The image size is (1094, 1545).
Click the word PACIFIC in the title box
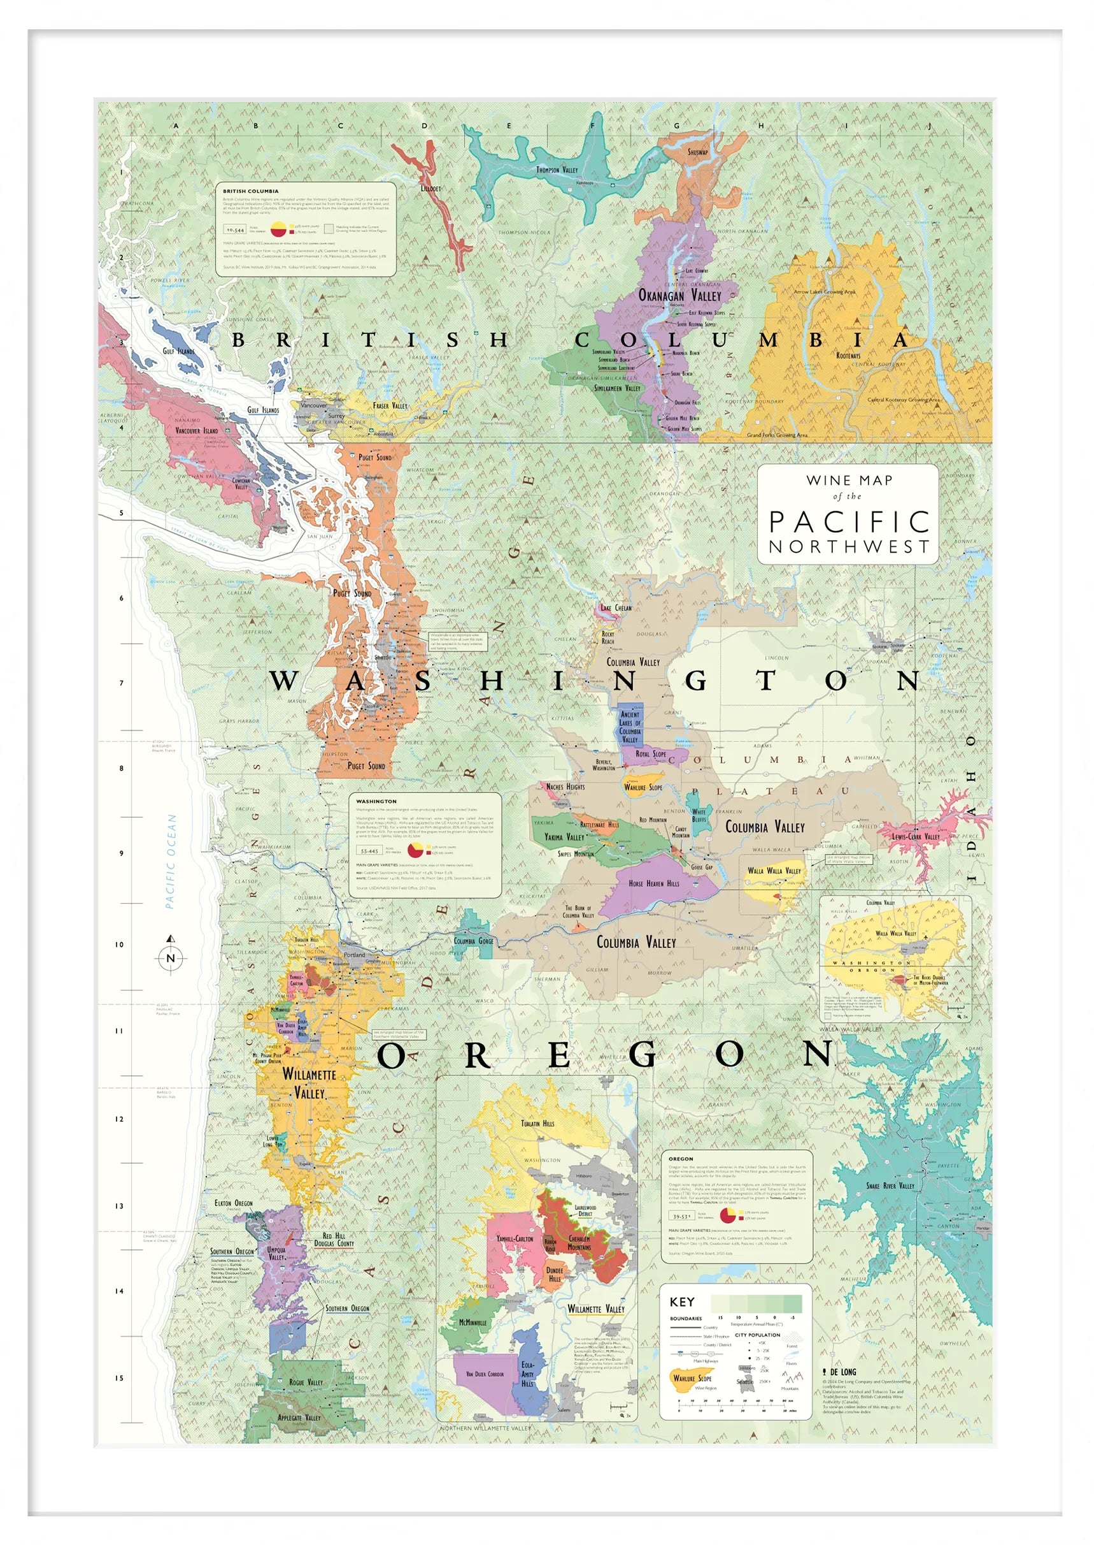click(x=849, y=521)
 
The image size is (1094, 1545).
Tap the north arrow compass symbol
click(x=171, y=957)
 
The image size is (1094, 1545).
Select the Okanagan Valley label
click(x=679, y=295)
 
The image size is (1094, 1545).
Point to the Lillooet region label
click(x=430, y=189)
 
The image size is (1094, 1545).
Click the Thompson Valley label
click(x=557, y=170)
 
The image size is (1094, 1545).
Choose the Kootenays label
click(x=848, y=355)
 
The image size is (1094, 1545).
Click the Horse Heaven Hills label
click(x=654, y=883)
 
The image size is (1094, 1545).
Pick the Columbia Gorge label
click(x=473, y=941)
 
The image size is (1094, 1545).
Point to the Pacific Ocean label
click(x=171, y=861)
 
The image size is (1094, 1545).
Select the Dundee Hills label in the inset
click(x=555, y=1274)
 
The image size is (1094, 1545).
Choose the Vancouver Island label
click(x=196, y=430)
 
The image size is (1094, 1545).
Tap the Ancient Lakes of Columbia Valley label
click(x=630, y=727)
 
